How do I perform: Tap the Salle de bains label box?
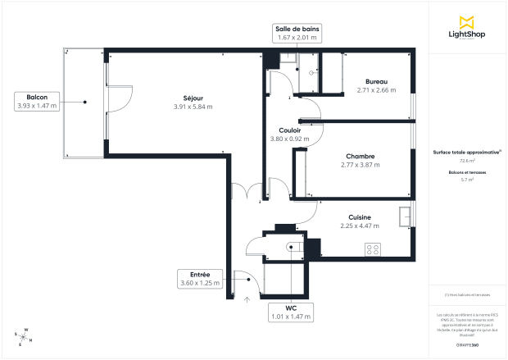point(297,33)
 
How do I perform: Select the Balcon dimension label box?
point(37,102)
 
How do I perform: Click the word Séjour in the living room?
point(193,98)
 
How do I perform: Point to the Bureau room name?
point(377,81)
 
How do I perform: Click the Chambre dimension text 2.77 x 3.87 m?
point(361,165)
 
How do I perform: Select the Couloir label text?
point(289,130)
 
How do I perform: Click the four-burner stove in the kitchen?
point(373,248)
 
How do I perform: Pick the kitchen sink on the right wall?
point(405,216)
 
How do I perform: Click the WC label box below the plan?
point(290,312)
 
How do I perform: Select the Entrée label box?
point(200,279)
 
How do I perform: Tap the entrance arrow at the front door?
point(247,299)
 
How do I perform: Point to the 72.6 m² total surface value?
point(465,161)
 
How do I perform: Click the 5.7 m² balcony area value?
point(465,179)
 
